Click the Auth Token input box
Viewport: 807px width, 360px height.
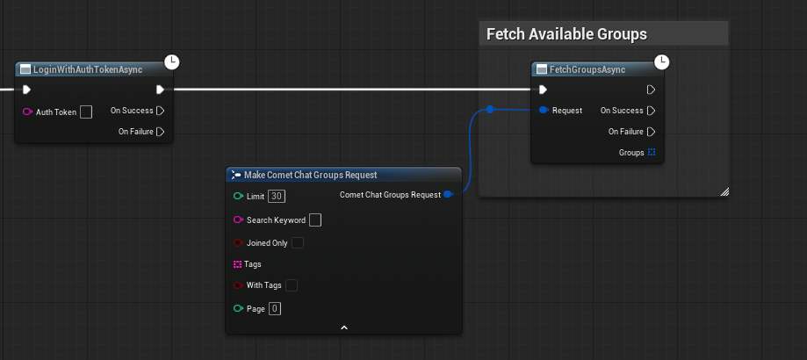click(86, 112)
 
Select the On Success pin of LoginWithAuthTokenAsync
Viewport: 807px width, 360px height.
click(161, 111)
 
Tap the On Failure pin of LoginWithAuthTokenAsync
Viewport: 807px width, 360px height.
click(161, 132)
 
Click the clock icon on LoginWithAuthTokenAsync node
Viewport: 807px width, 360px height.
click(171, 62)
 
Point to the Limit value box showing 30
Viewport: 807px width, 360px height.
click(277, 197)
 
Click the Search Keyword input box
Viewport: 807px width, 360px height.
click(315, 220)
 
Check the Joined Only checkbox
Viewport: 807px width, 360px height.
click(298, 242)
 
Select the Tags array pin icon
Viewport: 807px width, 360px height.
click(238, 264)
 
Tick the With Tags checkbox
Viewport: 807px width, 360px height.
click(292, 285)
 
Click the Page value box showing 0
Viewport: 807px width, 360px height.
click(275, 308)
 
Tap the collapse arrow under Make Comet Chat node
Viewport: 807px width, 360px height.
click(344, 328)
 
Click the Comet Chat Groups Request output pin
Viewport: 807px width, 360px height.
click(448, 194)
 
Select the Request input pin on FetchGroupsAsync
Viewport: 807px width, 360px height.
click(543, 110)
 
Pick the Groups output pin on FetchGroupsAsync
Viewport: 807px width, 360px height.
click(652, 152)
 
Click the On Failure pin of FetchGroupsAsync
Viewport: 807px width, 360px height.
click(652, 132)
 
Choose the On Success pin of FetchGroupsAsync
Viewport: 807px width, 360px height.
click(652, 111)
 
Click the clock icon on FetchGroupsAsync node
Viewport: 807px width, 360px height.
click(661, 62)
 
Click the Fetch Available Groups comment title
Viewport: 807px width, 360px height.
click(566, 34)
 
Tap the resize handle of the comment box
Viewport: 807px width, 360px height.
click(724, 191)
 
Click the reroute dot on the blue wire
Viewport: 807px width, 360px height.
click(490, 109)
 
